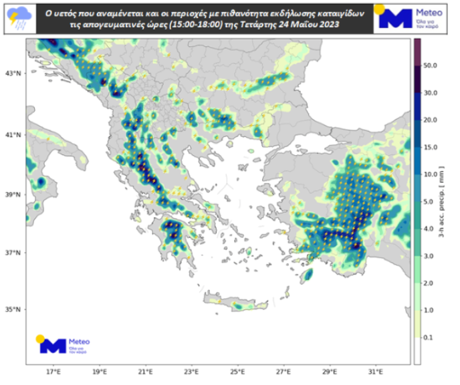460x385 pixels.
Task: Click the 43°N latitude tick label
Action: coord(13,74)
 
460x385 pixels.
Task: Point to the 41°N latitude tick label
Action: coord(13,135)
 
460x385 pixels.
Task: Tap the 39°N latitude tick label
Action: coord(13,195)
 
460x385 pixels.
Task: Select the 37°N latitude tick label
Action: coord(13,253)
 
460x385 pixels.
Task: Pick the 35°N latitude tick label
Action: coord(13,310)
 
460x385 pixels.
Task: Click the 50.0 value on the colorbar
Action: coord(431,66)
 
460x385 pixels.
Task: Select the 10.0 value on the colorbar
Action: coord(431,174)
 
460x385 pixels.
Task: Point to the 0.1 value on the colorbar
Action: coord(431,338)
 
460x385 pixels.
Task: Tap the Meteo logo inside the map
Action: coord(64,344)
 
